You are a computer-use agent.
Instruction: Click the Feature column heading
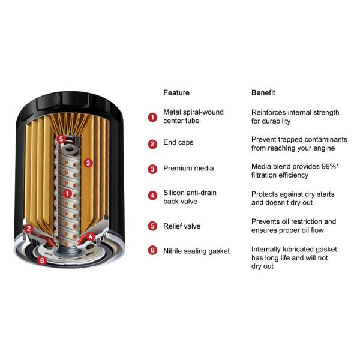coord(176,92)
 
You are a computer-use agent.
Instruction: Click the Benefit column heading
coord(263,92)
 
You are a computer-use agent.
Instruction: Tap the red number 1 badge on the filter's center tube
coord(67,194)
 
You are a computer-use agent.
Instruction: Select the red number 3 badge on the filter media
coord(88,163)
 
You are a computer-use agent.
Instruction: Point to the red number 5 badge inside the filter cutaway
coord(61,139)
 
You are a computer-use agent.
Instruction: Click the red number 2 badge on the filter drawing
coord(29,229)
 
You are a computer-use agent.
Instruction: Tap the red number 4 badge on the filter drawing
coord(91,236)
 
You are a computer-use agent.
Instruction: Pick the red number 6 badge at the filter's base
coord(42,260)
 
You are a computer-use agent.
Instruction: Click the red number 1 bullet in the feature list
coord(152,118)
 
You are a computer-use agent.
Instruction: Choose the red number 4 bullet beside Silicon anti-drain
coord(152,196)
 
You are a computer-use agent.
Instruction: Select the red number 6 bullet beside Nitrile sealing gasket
coord(152,250)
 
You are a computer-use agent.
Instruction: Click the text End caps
coord(178,143)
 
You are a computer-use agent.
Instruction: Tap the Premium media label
coord(188,168)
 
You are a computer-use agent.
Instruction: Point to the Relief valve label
coord(182,226)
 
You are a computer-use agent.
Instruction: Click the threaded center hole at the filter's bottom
coord(69,250)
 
